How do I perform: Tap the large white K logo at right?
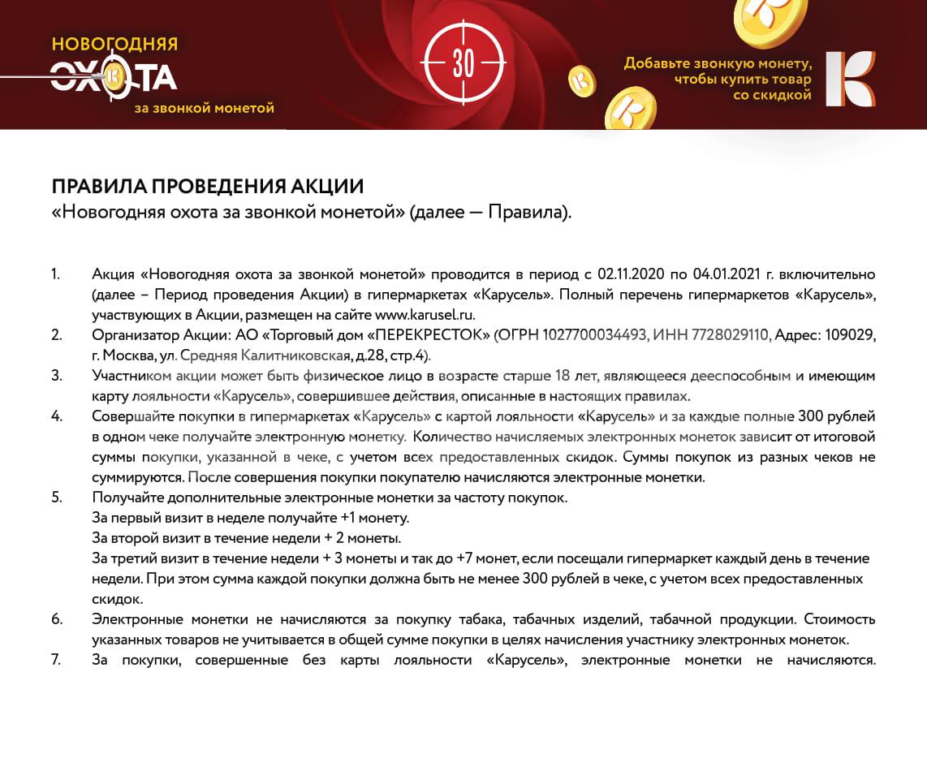pos(850,79)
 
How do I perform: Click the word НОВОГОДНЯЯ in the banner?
pos(114,44)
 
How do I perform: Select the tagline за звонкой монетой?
pos(205,107)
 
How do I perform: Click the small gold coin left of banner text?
pos(581,81)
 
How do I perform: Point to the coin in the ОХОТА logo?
pos(114,76)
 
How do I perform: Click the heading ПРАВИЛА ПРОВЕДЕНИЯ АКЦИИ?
pos(208,186)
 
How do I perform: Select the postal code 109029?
pos(847,334)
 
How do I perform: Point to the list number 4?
pos(57,416)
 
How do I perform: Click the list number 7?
pos(56,660)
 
